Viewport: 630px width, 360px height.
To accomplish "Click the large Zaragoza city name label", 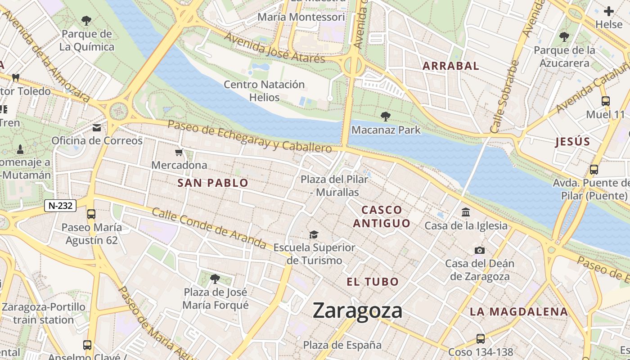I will click(x=357, y=311).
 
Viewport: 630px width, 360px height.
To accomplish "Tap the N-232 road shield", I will click(x=60, y=206).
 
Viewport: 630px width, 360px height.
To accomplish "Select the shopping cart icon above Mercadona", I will click(x=179, y=153).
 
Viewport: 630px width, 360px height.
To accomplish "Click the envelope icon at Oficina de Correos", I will click(x=97, y=128).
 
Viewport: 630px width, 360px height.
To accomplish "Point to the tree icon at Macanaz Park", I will click(x=386, y=117).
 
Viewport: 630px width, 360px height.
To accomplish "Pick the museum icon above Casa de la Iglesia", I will click(x=466, y=212).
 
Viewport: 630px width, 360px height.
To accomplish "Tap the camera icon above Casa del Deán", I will click(x=479, y=250).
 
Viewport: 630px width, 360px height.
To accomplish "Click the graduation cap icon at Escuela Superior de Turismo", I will click(x=314, y=234).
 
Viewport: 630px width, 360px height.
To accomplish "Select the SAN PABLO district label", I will click(x=213, y=183).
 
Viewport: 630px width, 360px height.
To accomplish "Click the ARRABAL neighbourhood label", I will click(x=450, y=66).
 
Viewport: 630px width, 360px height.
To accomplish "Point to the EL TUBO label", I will click(x=373, y=282).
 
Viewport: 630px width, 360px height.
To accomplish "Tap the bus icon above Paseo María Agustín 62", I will click(x=91, y=214).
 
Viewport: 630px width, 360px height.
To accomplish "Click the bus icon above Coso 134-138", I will click(x=481, y=338).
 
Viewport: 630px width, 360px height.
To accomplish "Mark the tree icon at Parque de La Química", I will click(x=86, y=20).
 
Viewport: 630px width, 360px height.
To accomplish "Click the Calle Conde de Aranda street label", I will click(x=209, y=228).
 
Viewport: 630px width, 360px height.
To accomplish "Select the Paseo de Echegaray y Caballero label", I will click(x=250, y=135).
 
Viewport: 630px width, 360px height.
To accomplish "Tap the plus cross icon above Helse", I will click(x=608, y=11).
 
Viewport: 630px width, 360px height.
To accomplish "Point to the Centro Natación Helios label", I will click(x=264, y=90).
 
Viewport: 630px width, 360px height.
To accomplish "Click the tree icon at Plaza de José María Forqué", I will click(x=215, y=279).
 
